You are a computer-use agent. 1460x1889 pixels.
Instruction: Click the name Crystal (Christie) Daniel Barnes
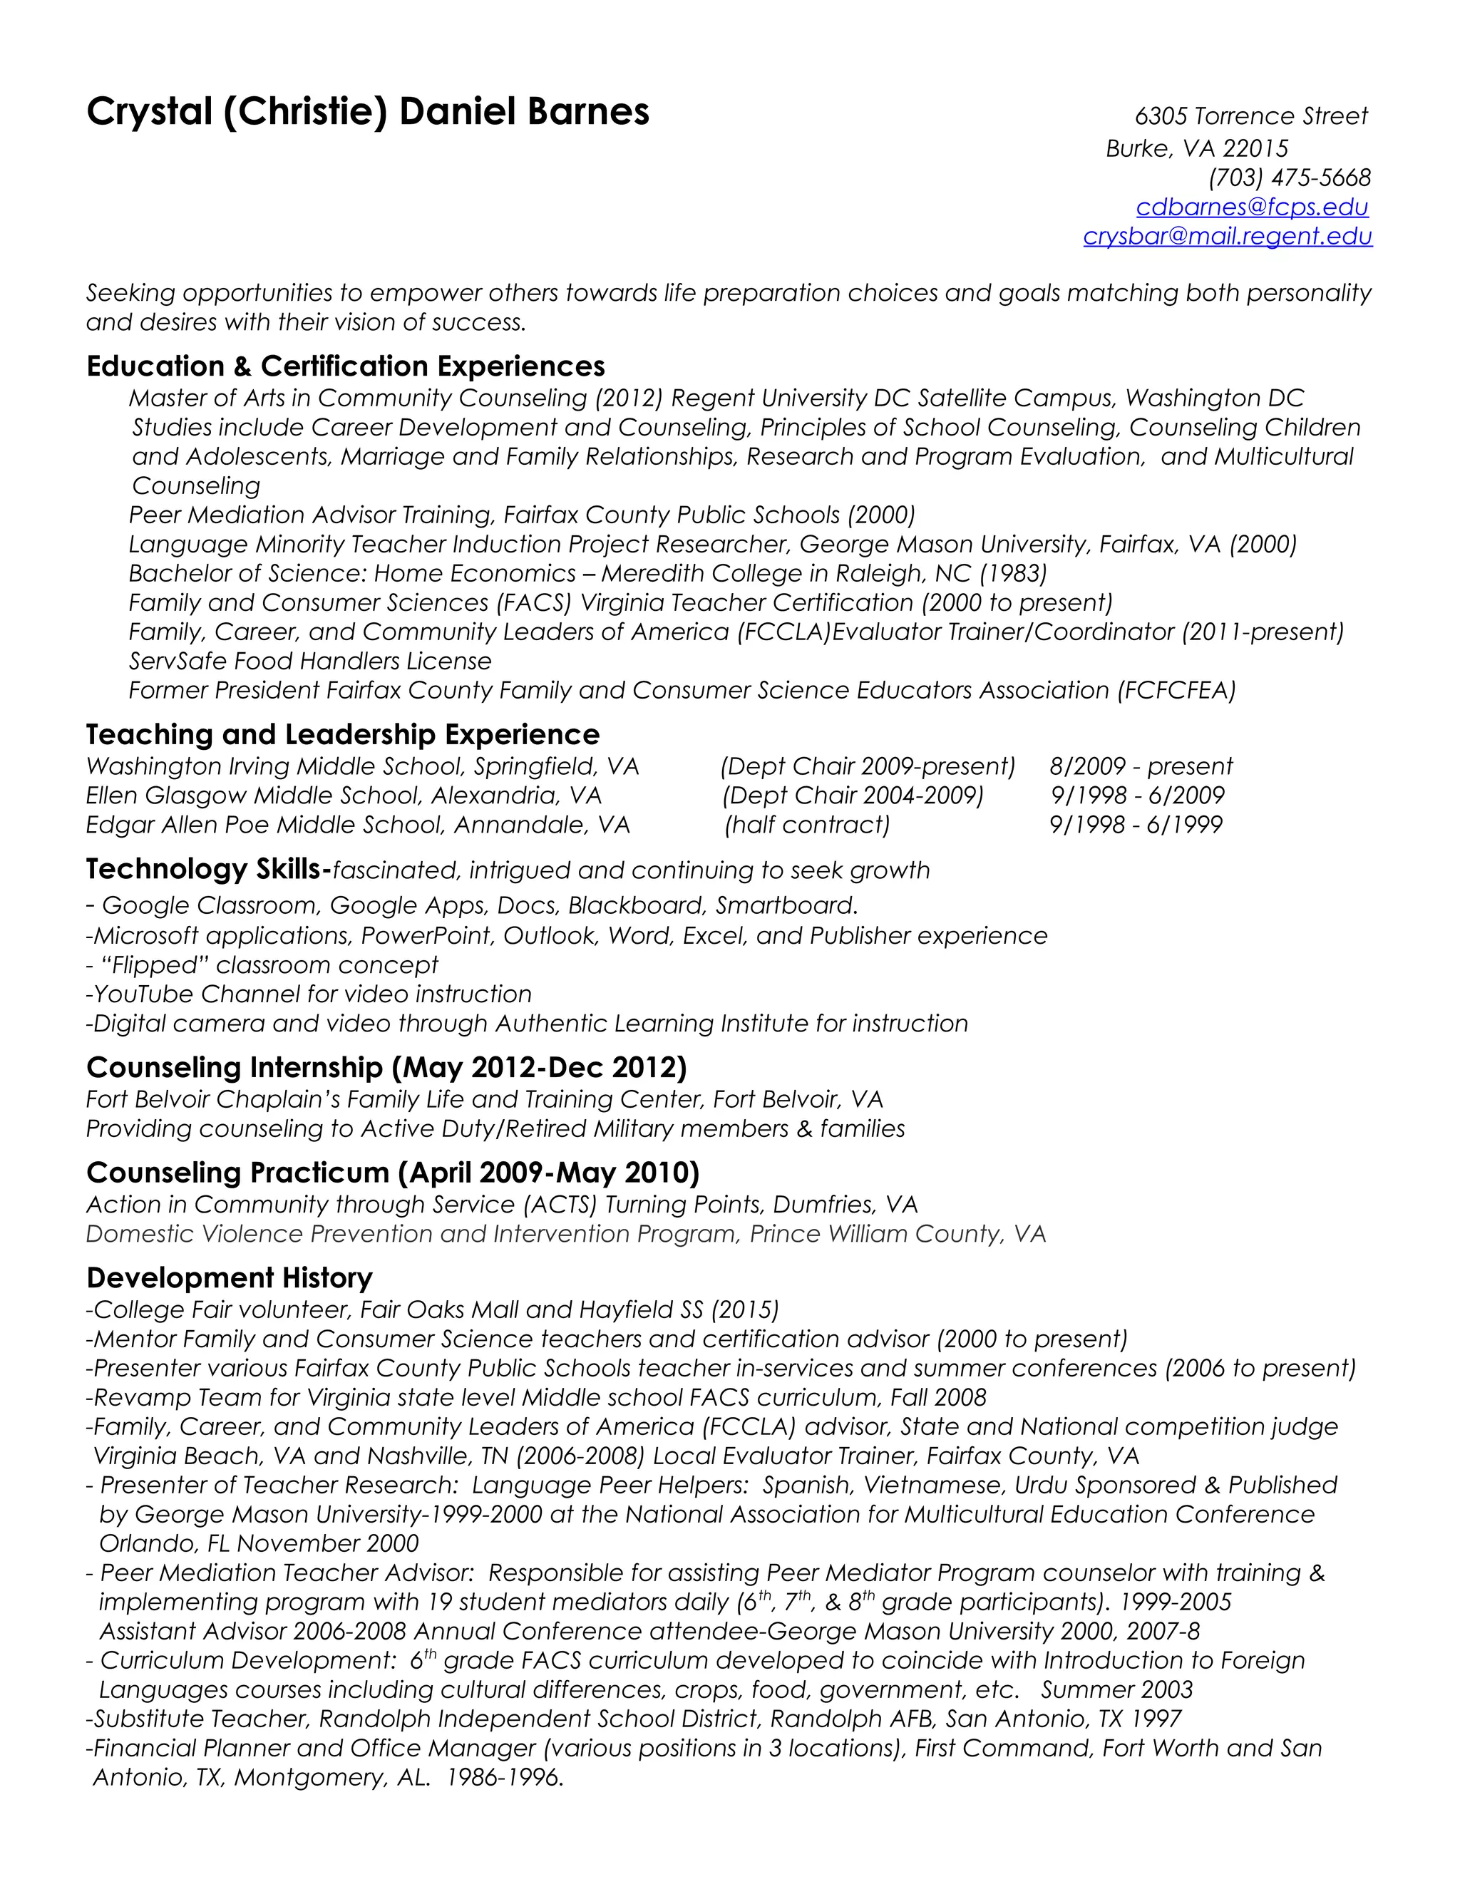coord(368,113)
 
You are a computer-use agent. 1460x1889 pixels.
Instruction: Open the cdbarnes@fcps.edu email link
coord(1252,207)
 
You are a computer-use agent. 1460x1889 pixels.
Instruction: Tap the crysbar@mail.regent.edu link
coord(1228,236)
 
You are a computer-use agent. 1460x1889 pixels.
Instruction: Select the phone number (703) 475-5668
coord(1289,177)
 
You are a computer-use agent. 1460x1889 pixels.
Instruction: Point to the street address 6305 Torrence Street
coord(1250,116)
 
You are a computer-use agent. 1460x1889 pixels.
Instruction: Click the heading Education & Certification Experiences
coord(345,366)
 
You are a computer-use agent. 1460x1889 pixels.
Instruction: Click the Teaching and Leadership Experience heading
coord(342,734)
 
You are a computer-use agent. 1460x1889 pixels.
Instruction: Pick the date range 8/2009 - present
coord(1140,766)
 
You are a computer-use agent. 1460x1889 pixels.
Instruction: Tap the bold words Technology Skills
coord(207,869)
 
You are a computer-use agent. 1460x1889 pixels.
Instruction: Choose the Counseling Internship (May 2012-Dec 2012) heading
coord(386,1067)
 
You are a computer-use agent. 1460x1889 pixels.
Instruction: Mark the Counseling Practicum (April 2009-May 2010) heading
coord(393,1173)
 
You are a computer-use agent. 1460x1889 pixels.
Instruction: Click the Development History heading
coord(230,1277)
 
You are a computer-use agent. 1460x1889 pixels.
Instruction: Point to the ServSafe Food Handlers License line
coord(309,661)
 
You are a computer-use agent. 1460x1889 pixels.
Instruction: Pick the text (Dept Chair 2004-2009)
coord(853,795)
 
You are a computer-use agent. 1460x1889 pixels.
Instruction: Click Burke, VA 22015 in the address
coord(1196,149)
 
